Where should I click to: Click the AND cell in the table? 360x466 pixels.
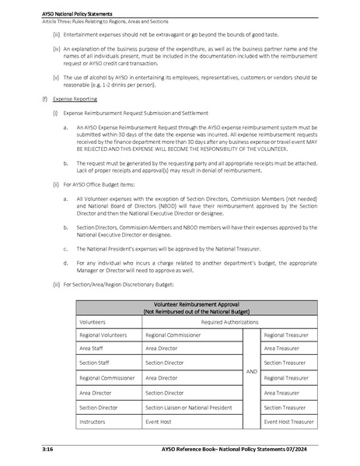coord(251,371)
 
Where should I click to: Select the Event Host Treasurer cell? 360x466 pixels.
coord(288,422)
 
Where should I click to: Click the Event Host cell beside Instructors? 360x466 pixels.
coord(160,422)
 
